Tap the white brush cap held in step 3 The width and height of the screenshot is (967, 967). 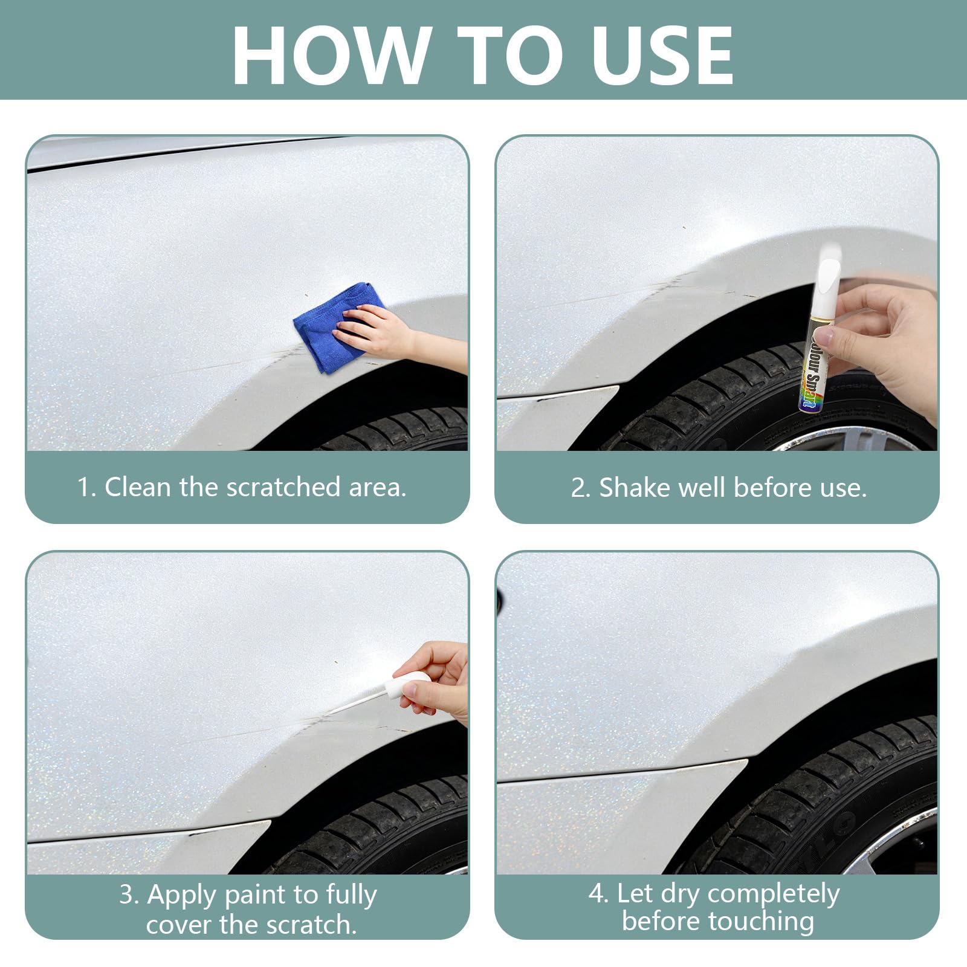pos(404,686)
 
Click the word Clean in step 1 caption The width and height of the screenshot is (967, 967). pos(138,487)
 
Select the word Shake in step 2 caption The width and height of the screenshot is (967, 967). pos(635,488)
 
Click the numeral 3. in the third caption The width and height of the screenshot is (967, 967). pos(129,895)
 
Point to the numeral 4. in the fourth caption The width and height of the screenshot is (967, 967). pos(599,893)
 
